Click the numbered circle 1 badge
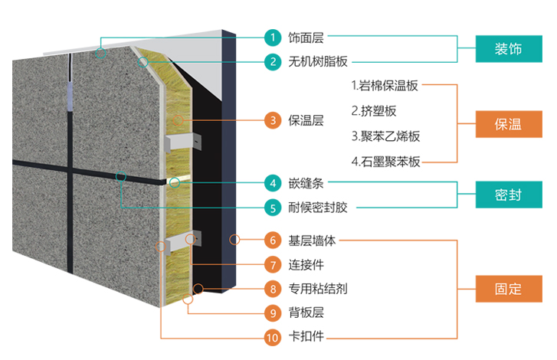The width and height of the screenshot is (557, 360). tap(272, 37)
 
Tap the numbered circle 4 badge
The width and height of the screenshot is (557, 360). tap(272, 183)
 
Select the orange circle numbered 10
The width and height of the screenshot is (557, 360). tap(272, 336)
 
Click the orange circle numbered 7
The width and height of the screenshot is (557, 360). tap(272, 265)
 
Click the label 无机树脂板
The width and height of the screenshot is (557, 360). tap(313, 61)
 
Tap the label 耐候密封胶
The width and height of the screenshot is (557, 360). tap(313, 208)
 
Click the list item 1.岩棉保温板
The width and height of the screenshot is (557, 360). tap(385, 86)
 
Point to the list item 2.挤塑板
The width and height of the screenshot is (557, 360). tap(374, 111)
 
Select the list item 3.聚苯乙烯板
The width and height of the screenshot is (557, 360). tap(385, 136)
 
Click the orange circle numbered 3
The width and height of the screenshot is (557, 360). tap(272, 120)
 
